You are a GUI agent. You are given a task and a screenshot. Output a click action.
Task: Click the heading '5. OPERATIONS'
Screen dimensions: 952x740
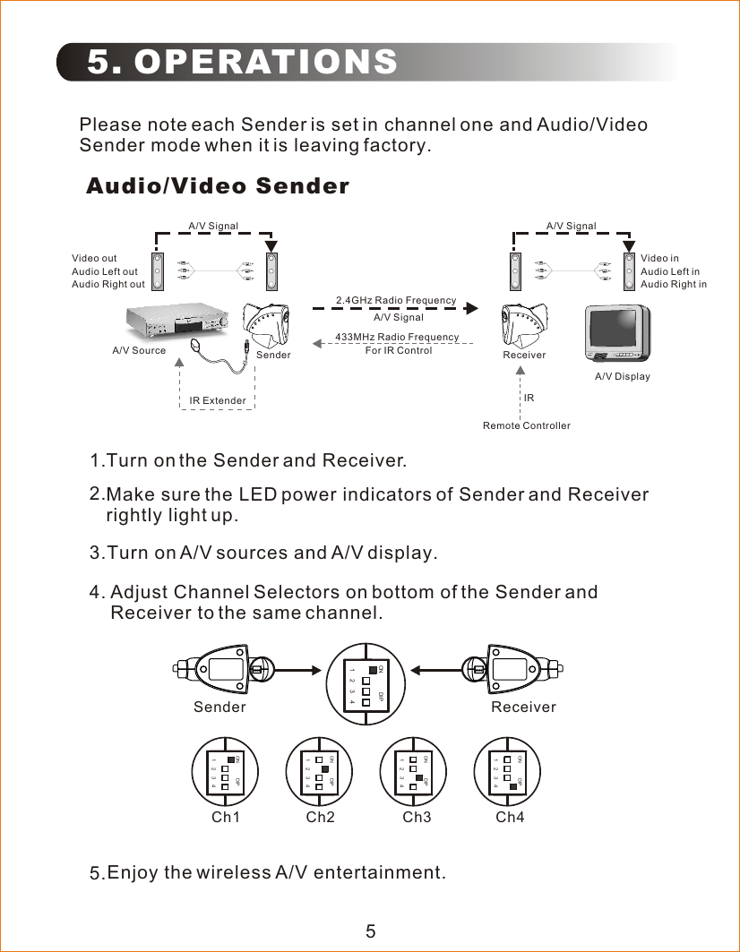tap(243, 62)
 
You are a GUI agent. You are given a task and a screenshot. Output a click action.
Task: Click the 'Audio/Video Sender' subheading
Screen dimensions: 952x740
tap(218, 186)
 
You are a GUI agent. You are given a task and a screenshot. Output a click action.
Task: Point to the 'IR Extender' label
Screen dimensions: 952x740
tap(218, 400)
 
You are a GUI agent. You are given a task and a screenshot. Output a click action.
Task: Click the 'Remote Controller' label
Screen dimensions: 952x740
tap(526, 425)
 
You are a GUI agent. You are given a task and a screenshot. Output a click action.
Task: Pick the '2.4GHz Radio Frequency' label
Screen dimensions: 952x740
tap(395, 300)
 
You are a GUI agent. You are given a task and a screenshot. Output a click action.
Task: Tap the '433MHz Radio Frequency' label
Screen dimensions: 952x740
tap(396, 337)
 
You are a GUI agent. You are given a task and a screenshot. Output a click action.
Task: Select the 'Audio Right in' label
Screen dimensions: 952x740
tap(673, 285)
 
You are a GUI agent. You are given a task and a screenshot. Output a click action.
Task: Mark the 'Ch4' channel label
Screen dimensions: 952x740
tap(510, 818)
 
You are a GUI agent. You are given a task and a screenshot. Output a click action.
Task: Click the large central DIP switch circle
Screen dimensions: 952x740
tap(367, 684)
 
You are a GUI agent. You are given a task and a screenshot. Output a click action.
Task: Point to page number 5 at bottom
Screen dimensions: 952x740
tap(370, 931)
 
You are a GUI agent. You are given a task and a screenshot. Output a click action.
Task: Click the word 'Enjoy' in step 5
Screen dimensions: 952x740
tap(133, 872)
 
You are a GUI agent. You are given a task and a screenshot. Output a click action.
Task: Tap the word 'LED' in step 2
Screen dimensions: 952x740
tap(258, 495)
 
